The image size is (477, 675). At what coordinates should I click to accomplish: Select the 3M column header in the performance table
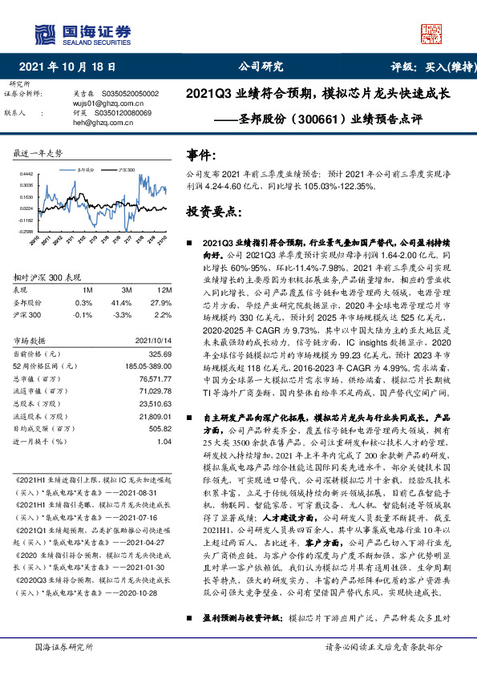click(x=127, y=289)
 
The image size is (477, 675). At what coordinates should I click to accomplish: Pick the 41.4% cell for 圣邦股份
click(x=123, y=302)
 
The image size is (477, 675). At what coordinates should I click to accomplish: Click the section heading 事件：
click(x=201, y=153)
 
